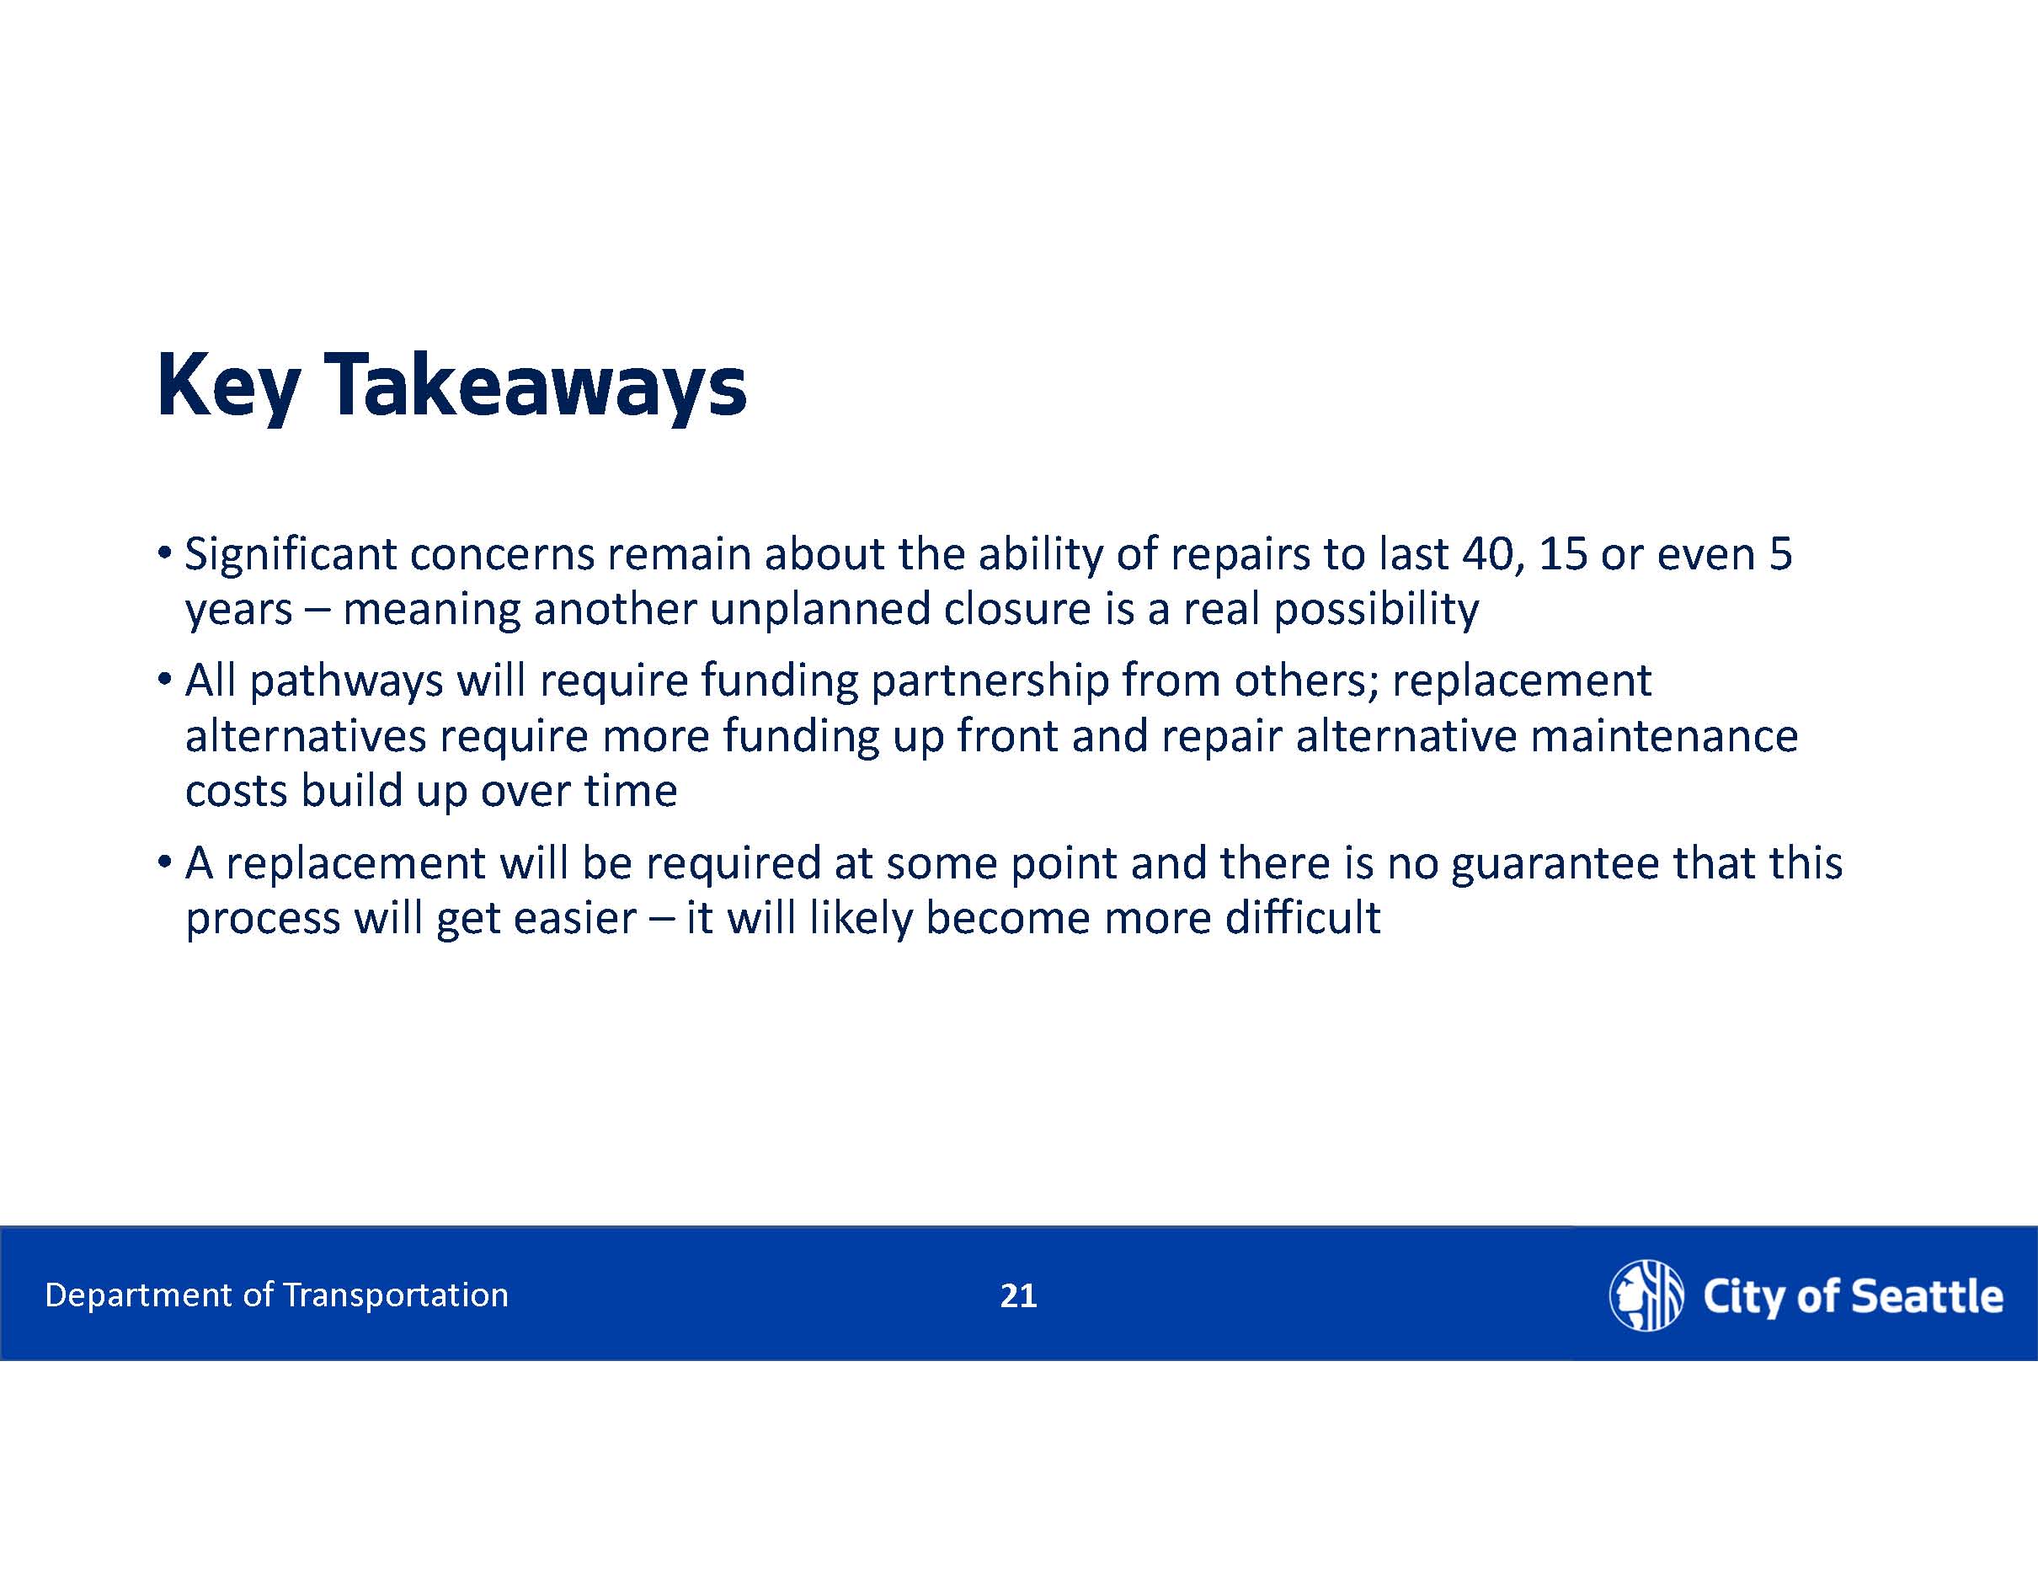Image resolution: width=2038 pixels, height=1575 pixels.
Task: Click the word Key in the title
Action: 228,387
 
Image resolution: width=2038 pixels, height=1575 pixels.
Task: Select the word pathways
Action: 346,682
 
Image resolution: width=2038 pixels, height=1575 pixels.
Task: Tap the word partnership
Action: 990,682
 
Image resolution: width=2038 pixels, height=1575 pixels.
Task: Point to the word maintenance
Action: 1664,737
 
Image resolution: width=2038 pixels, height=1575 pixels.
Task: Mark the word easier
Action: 575,919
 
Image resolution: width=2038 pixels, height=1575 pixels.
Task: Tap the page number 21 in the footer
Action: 1018,1296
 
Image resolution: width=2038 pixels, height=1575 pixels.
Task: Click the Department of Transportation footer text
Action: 276,1295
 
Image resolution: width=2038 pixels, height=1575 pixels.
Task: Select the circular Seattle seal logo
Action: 1646,1295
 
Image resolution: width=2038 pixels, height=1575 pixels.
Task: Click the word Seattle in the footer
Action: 1926,1297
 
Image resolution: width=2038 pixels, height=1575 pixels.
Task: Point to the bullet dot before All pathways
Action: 164,681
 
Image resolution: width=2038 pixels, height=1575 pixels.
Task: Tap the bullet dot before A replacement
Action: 164,863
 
